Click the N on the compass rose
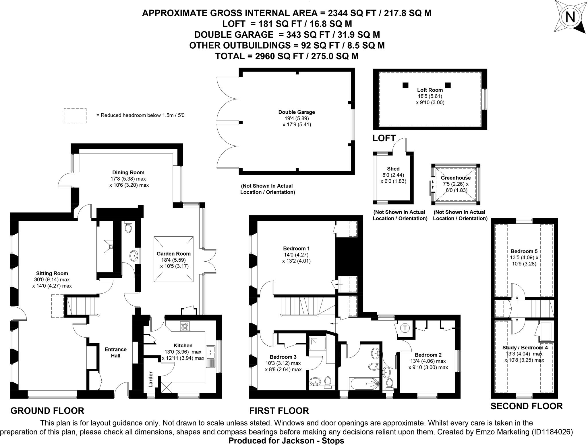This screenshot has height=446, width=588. click(570, 18)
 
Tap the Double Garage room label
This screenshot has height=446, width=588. click(297, 112)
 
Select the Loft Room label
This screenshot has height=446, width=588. click(430, 90)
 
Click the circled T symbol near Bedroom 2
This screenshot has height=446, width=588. click(405, 328)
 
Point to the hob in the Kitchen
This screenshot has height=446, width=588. click(184, 326)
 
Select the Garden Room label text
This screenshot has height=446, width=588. click(173, 254)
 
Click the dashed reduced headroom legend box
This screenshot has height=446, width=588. click(75, 116)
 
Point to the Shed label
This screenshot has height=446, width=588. click(393, 169)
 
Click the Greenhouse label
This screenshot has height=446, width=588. click(456, 178)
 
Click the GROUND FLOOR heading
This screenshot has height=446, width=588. click(47, 411)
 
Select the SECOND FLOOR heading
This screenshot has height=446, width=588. click(527, 406)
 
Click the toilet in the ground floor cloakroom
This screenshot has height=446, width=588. click(129, 227)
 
